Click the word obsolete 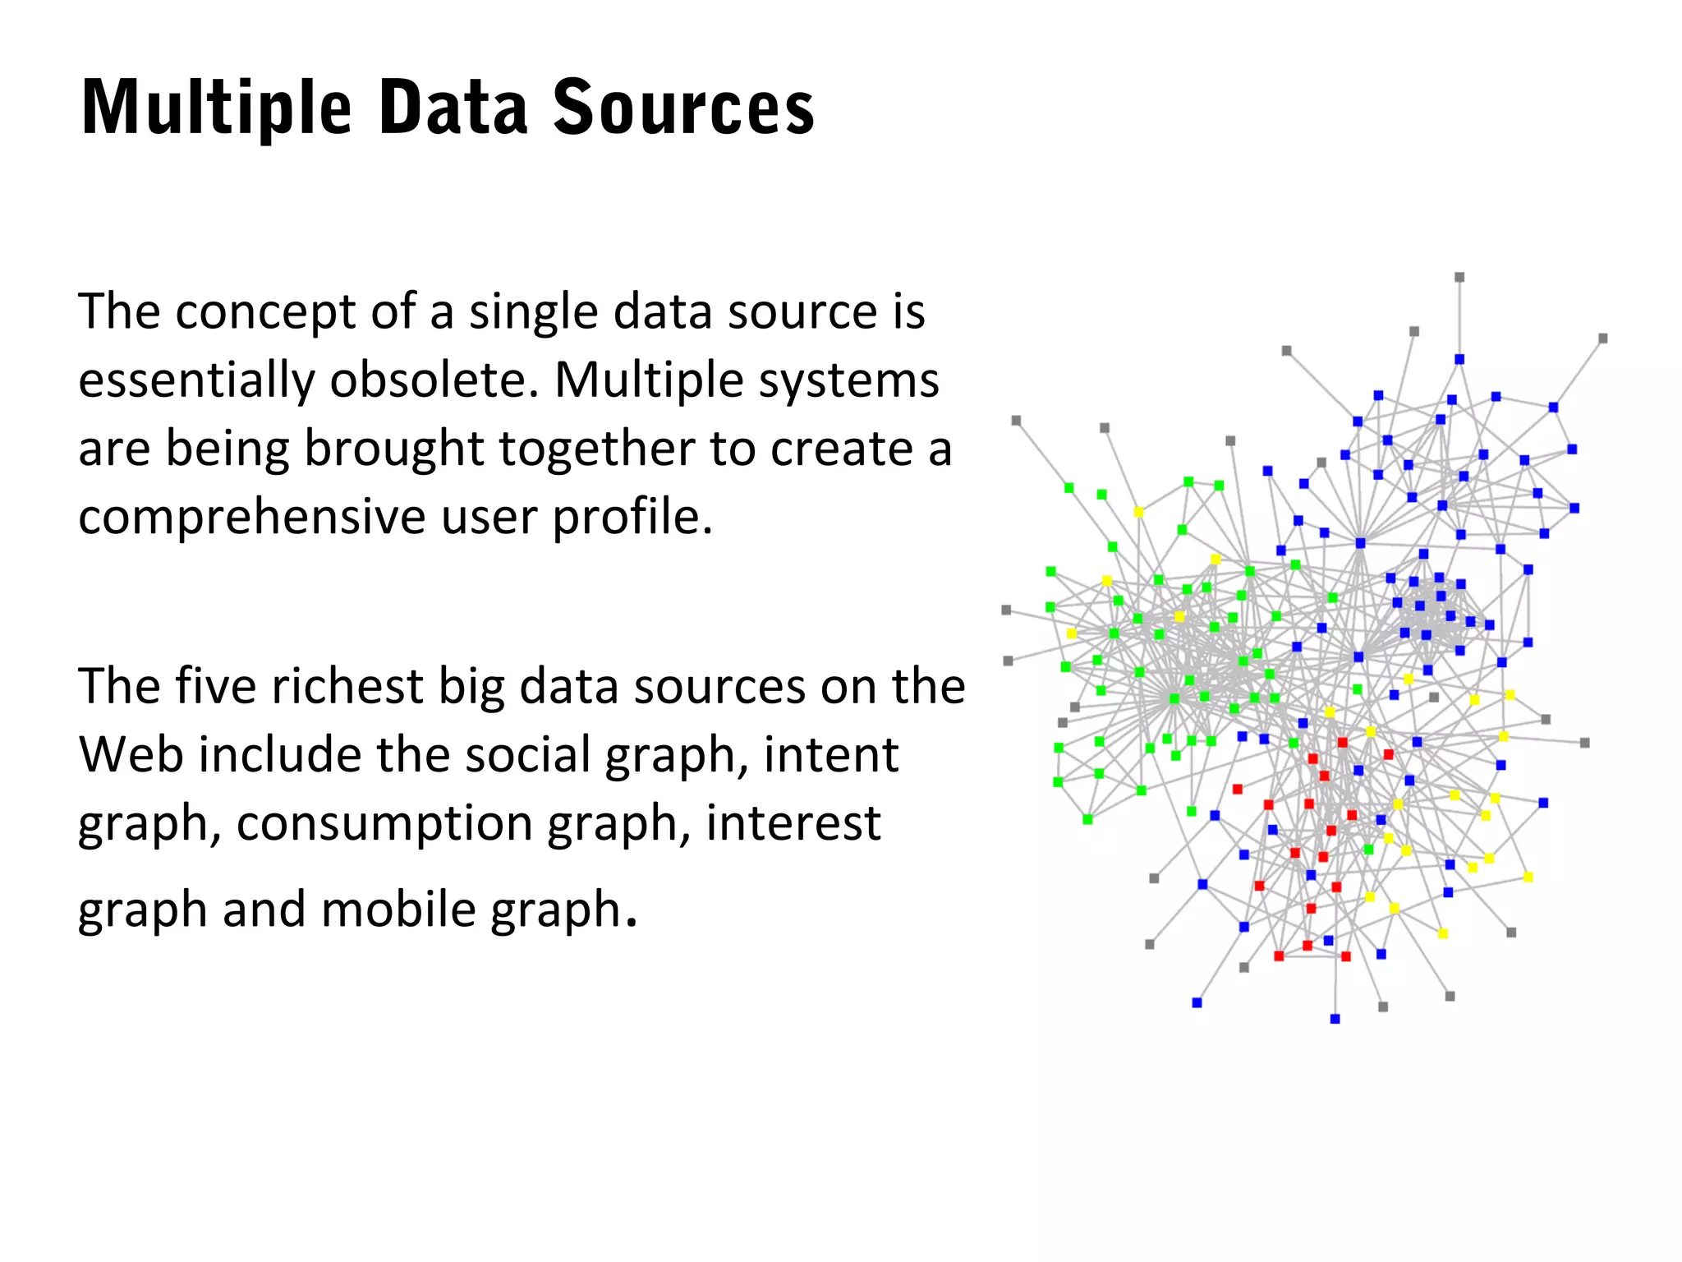434,380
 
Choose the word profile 632,518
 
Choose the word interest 793,822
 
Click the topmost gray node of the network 1459,278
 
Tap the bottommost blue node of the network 1335,1019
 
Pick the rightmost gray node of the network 1603,339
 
